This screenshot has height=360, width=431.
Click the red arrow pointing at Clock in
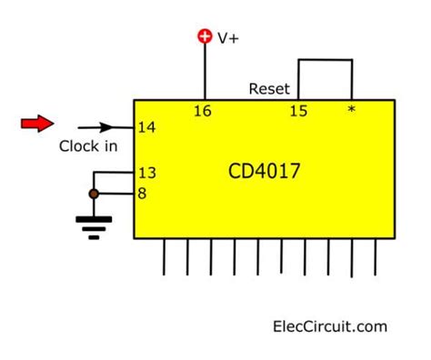coord(37,123)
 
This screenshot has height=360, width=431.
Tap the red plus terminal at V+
coord(205,36)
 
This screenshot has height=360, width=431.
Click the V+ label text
coord(227,37)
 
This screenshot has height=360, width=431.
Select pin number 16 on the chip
coord(205,111)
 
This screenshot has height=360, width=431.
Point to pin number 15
coord(297,111)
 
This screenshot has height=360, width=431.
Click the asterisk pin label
coord(351,111)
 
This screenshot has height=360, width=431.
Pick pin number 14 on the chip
coord(145,128)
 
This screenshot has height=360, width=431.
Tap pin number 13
coord(145,172)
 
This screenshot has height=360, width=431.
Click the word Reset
coord(269,89)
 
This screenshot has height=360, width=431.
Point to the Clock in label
coord(88,146)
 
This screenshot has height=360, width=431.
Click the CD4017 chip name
coord(264,171)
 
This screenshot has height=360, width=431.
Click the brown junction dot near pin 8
coord(92,194)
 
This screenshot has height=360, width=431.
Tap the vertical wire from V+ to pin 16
coord(205,73)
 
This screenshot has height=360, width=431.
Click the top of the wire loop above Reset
coord(325,61)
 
